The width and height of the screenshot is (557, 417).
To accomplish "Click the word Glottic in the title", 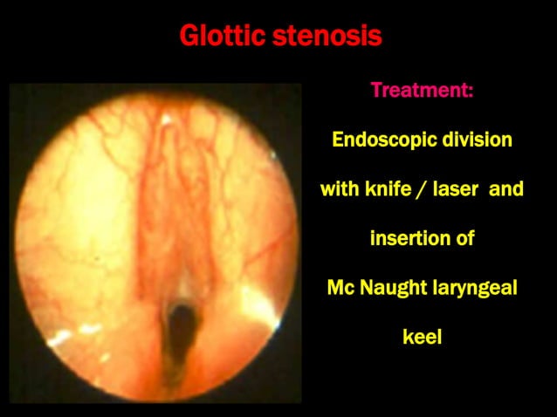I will click(223, 38).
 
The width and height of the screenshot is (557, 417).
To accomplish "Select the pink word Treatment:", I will click(422, 90).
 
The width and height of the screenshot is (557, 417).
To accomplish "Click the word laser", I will click(456, 188).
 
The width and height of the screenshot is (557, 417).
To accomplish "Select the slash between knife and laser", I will click(423, 188).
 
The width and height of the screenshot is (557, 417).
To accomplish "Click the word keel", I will click(422, 336).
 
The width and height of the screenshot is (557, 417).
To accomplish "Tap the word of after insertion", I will click(464, 237).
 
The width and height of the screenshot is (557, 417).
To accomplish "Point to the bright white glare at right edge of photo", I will click(261, 301).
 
